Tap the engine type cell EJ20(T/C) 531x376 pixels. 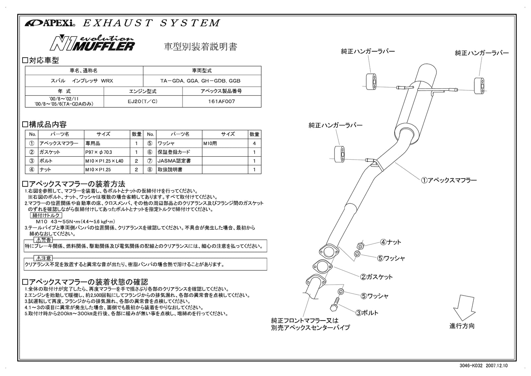coord(143,101)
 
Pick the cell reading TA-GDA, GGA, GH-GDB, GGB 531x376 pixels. coord(202,81)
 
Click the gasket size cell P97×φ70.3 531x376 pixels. coord(99,152)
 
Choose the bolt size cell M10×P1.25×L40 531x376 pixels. coord(104,161)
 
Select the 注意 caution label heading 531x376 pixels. coord(43,258)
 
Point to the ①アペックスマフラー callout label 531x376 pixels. coord(449,180)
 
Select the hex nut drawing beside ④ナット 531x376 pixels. coord(360,246)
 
